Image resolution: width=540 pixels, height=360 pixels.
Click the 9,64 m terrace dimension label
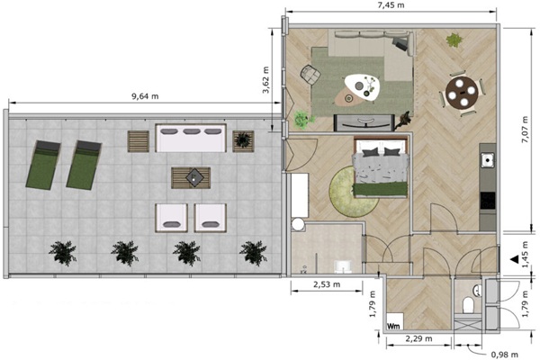coord(145,96)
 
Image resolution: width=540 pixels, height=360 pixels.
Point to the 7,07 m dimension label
coord(525,130)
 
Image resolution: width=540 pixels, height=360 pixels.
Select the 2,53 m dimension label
coord(327,284)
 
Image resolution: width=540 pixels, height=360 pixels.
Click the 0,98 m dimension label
coord(505,355)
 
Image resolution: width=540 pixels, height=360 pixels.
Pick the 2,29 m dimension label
coord(418,338)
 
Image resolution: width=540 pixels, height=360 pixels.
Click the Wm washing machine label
coord(393,326)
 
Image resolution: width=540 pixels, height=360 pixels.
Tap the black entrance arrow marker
coord(515,259)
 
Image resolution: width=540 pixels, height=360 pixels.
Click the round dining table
coord(462,93)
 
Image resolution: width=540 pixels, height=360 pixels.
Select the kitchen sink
coord(488,160)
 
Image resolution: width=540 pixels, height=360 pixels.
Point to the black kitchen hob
coord(488,201)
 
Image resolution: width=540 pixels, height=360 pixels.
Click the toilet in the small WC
coord(468,305)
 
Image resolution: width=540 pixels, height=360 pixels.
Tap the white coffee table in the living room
coord(363,87)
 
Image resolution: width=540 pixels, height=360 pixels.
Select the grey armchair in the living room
coord(310,75)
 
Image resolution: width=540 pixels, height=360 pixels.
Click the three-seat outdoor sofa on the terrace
coord(191,138)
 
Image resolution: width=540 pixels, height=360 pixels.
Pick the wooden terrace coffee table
coord(191,178)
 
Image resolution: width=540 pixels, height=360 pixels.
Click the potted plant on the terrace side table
coord(243,139)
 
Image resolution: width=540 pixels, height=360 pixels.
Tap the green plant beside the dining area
coord(454,40)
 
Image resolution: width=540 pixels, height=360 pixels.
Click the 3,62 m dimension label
coord(265,80)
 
